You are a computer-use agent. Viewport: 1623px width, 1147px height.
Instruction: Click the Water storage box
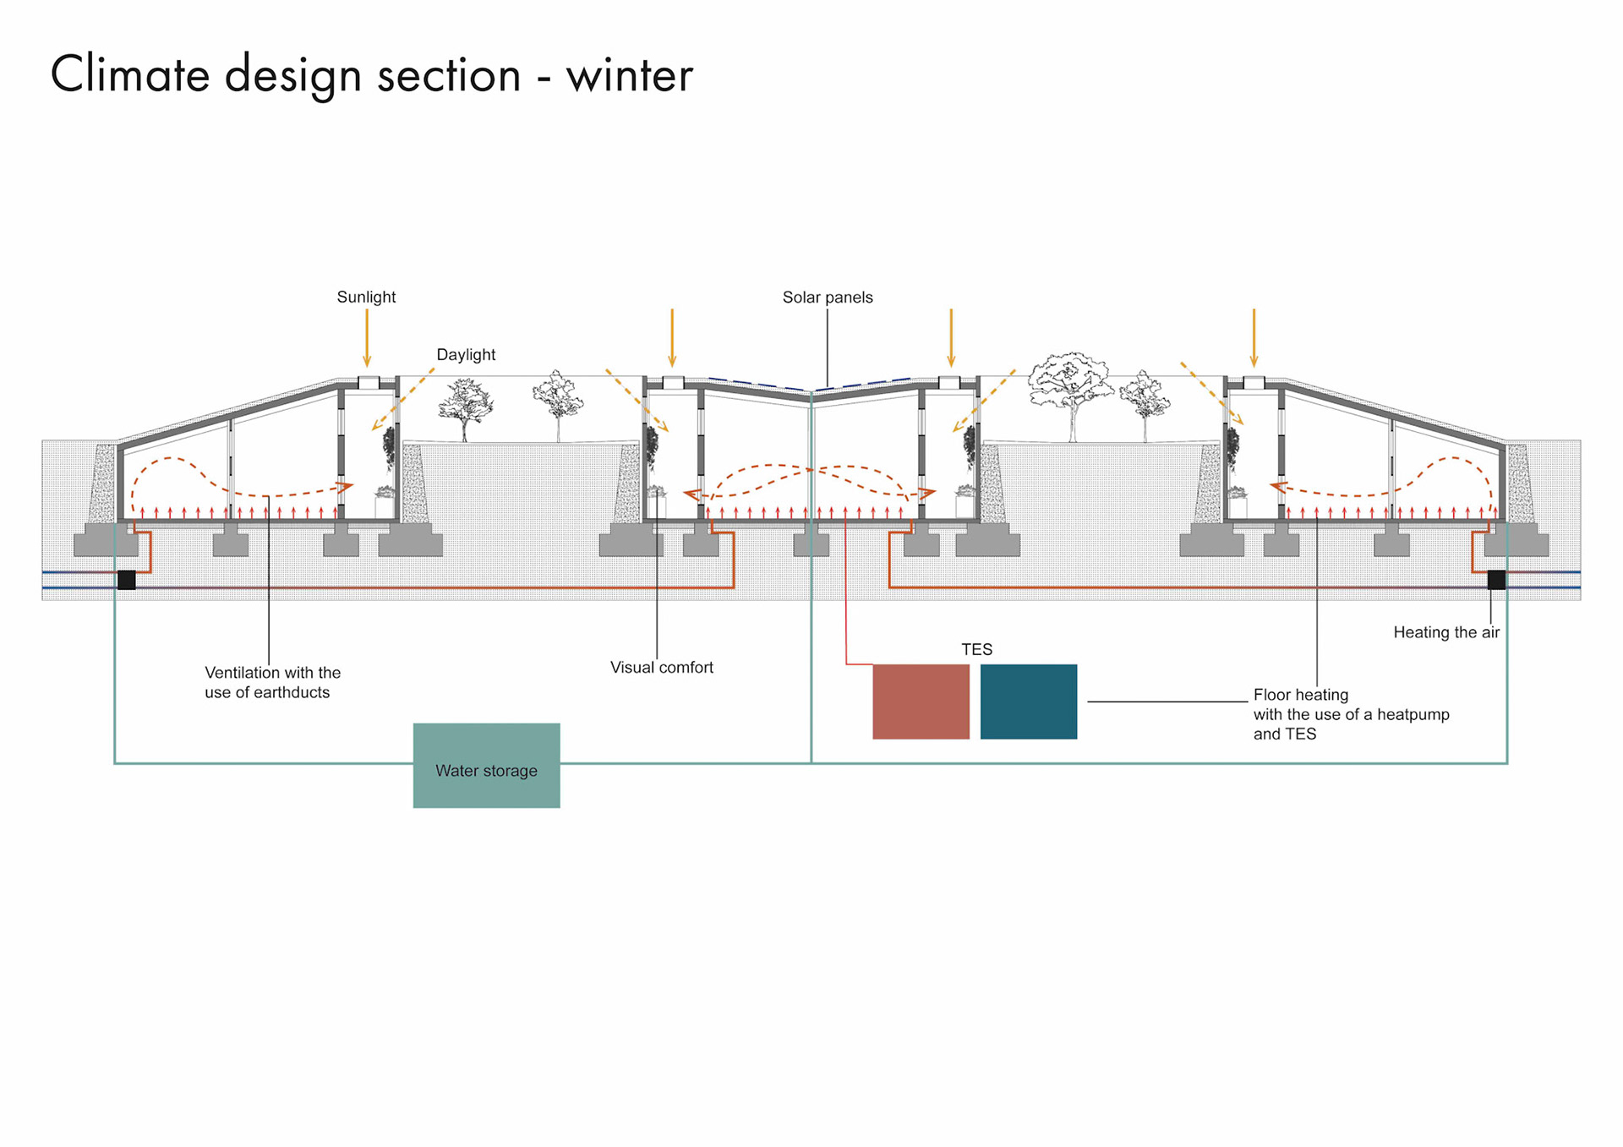486,765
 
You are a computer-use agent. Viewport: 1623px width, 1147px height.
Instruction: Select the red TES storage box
921,702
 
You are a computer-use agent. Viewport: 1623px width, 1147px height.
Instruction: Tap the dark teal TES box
1028,702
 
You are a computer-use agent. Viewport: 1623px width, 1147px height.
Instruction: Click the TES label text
976,649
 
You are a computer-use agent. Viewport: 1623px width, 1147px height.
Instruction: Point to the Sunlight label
366,297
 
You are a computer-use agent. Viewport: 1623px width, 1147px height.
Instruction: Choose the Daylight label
466,355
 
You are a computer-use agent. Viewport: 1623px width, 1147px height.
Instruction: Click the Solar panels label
827,298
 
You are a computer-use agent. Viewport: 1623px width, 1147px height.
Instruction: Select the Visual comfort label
661,668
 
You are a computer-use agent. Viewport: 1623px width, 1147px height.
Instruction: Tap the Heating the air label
1445,632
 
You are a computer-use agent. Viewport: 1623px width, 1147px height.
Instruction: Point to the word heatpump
1413,714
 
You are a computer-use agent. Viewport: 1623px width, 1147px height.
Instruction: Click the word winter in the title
629,76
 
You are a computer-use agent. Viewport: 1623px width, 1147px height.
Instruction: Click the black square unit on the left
127,580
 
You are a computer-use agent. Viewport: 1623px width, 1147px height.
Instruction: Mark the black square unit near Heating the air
1495,580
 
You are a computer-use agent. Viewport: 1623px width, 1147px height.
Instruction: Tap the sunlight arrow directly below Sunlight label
367,338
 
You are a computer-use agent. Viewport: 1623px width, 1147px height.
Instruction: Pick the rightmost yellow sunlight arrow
1254,338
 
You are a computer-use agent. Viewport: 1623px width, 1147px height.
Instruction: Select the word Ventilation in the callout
242,673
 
